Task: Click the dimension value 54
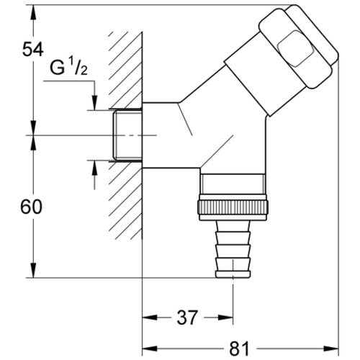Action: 32,49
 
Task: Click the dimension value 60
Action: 32,207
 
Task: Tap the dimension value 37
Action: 187,318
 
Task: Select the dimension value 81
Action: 239,348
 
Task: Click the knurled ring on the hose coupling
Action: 233,207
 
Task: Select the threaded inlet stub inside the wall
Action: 127,135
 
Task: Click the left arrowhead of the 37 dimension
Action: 150,318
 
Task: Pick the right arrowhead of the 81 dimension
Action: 331,348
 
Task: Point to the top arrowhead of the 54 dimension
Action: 33,12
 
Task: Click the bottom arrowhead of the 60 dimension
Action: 33,271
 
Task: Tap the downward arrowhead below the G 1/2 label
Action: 95,103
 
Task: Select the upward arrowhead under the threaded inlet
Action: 95,168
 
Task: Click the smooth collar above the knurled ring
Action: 233,184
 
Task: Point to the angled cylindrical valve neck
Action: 250,84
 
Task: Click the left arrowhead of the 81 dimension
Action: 150,348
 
